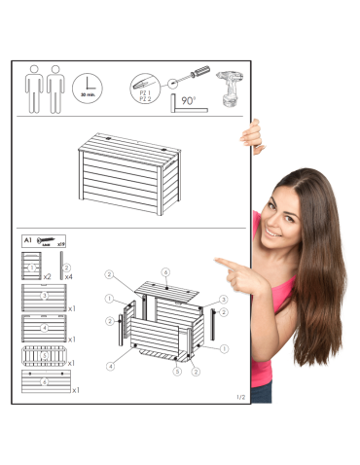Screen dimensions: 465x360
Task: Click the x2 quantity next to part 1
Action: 47,277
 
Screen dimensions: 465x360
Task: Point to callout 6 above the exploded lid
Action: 165,271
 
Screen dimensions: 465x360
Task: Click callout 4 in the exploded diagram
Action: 112,366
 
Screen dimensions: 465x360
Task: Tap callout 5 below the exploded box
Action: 176,371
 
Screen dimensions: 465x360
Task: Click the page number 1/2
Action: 241,397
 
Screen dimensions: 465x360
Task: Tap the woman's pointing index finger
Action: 220,262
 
